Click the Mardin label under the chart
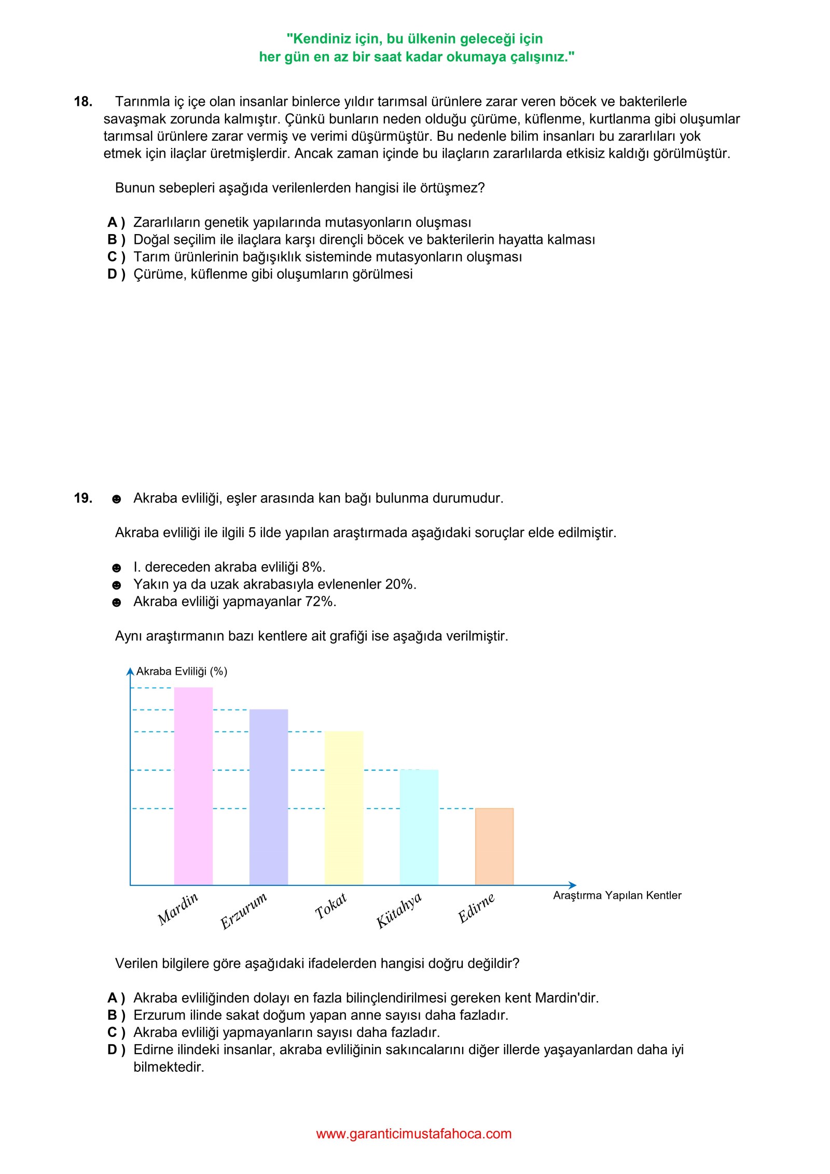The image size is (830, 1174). (x=178, y=908)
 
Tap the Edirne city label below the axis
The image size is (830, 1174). (x=476, y=908)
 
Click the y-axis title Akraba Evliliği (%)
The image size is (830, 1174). (x=182, y=671)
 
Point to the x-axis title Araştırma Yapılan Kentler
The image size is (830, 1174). (x=617, y=895)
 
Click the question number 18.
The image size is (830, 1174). (x=83, y=102)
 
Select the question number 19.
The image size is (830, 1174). (x=83, y=498)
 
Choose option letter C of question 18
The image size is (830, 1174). (x=113, y=257)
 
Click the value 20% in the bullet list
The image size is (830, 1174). (x=400, y=584)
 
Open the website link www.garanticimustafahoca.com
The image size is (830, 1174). (x=413, y=1134)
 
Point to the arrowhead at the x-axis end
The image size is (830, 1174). (x=573, y=885)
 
